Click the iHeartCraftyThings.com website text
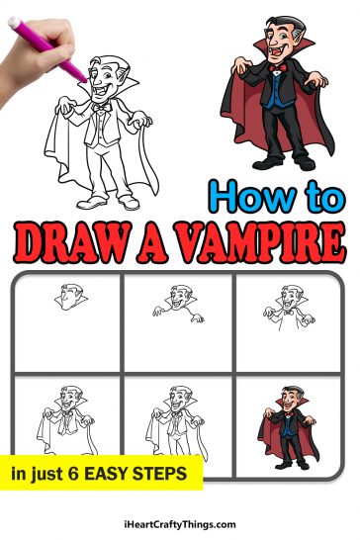[x=180, y=523]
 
